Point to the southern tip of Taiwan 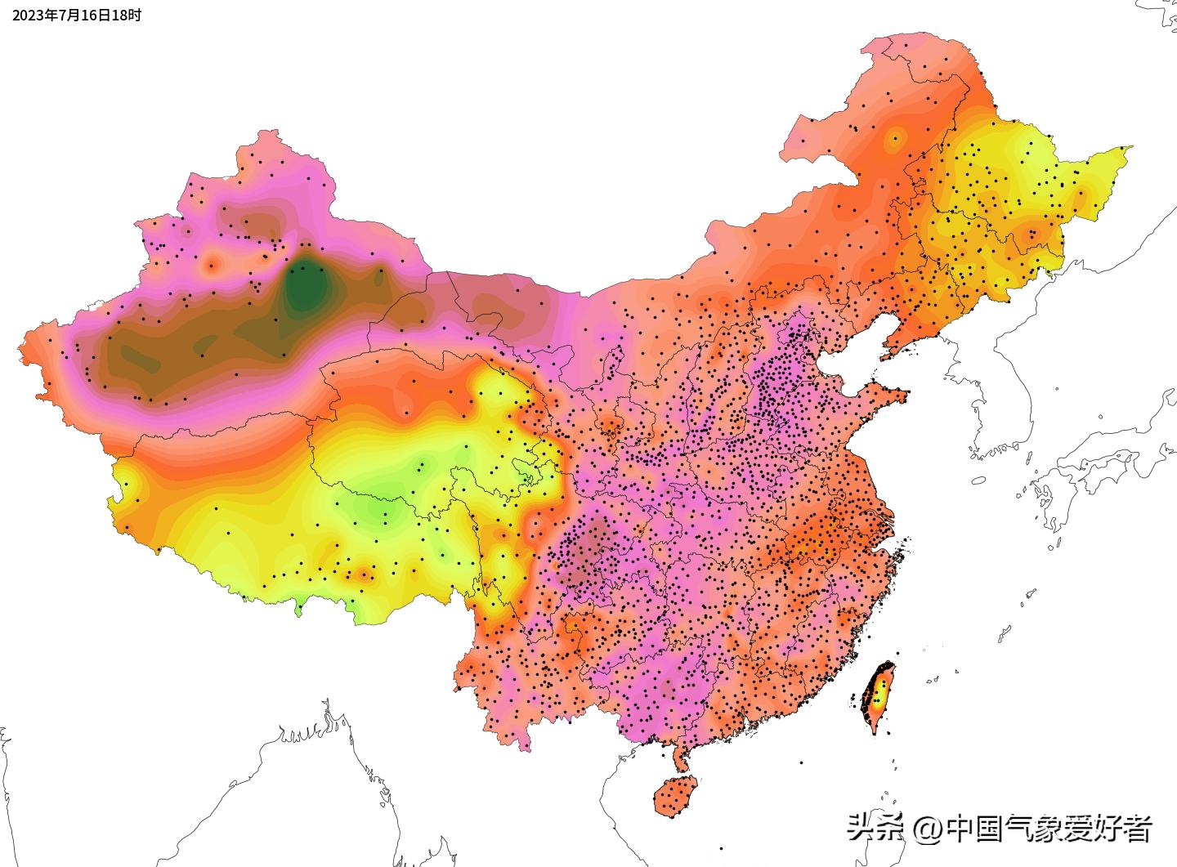[x=875, y=731]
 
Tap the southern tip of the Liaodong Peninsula [x=884, y=357]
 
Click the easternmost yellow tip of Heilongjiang [x=1129, y=149]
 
